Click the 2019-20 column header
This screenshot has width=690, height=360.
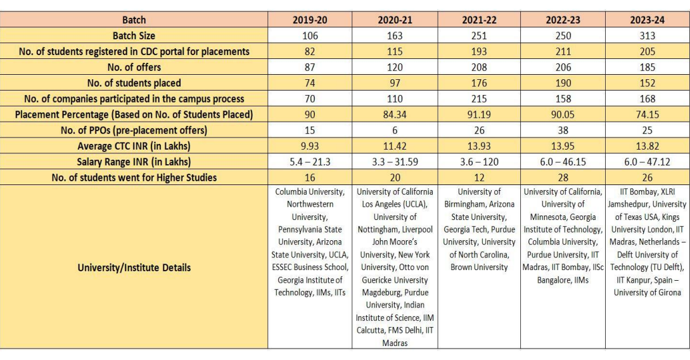310,20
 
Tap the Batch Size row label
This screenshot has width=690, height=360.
134,35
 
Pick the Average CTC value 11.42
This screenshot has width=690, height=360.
395,146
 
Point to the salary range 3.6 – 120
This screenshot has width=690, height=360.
479,162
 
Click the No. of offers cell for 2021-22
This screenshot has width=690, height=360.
479,67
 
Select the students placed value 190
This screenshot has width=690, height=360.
563,83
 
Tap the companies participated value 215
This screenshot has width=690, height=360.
479,99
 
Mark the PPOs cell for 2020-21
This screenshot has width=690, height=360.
395,130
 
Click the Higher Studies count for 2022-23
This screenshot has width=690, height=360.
563,177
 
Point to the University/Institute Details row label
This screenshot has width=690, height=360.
134,267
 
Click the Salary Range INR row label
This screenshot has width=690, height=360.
134,162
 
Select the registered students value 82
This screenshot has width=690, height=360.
310,51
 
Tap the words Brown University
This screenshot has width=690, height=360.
479,267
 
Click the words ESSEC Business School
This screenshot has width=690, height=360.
310,267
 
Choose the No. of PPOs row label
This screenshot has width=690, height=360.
134,130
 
